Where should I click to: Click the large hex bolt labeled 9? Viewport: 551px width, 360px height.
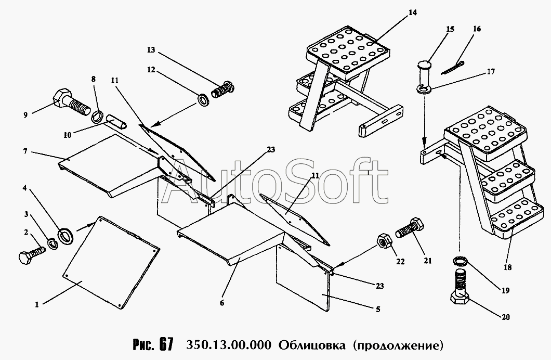(71, 101)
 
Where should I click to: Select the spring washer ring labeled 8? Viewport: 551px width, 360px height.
(97, 116)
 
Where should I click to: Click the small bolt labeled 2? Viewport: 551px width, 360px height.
(31, 255)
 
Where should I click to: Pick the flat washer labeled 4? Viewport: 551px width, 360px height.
(65, 236)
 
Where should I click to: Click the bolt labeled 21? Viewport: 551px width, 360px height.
(410, 228)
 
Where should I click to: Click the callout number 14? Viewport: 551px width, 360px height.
(413, 12)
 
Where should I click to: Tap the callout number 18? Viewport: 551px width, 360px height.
(507, 267)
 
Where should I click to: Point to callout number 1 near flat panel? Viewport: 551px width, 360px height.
(37, 304)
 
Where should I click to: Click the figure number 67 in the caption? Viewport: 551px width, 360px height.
(166, 344)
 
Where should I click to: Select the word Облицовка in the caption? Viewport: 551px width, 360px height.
(312, 345)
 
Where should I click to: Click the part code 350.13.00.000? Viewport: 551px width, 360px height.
(228, 345)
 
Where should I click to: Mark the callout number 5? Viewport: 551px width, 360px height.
(378, 310)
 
